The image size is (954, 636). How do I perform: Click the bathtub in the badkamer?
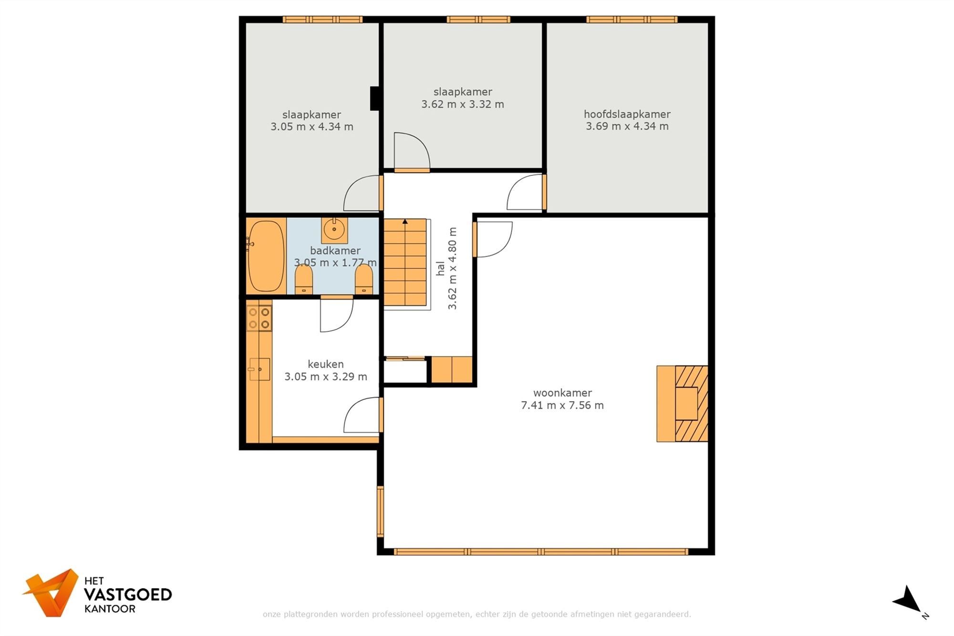(266, 256)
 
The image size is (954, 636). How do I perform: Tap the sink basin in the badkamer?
(334, 230)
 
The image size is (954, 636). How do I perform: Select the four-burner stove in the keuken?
(259, 318)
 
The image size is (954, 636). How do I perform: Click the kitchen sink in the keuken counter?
(259, 369)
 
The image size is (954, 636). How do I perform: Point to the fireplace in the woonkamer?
(682, 404)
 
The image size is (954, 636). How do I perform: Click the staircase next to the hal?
(405, 262)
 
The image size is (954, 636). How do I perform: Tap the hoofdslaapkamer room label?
(627, 114)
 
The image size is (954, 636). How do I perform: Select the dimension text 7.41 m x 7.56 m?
(562, 406)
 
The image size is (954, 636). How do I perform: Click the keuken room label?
(325, 364)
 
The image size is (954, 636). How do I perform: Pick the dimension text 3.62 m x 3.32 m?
(462, 104)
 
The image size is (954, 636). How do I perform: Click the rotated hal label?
(440, 268)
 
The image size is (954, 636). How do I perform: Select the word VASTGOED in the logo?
(128, 594)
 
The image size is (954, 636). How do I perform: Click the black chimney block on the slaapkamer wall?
(375, 98)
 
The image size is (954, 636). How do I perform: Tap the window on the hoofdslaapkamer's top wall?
(632, 20)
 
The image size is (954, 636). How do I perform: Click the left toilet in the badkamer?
(304, 280)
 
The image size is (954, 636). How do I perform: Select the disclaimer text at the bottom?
(477, 614)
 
